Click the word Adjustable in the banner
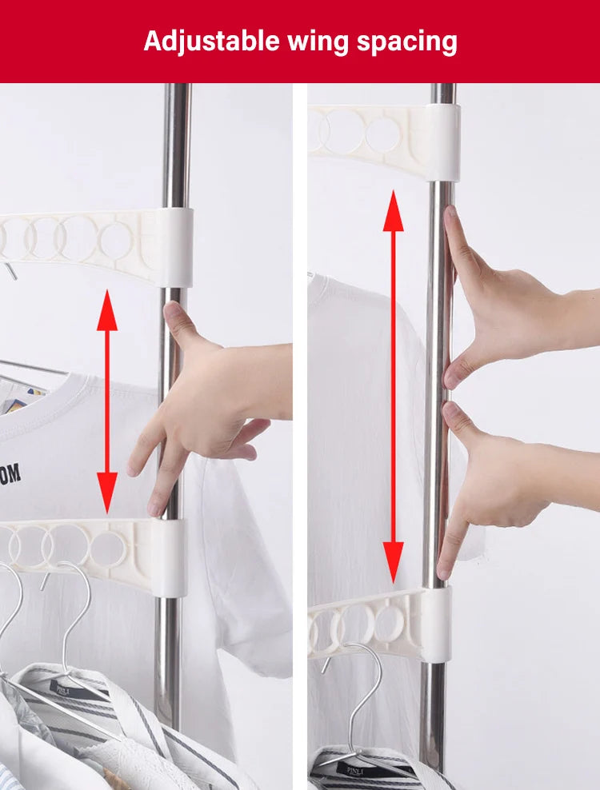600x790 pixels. tap(211, 42)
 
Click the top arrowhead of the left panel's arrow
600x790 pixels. tap(107, 312)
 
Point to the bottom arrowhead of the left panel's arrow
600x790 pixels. tap(107, 493)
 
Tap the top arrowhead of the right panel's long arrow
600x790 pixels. tap(393, 212)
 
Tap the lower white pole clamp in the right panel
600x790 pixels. tap(436, 613)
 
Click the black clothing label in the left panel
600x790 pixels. tap(66, 686)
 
